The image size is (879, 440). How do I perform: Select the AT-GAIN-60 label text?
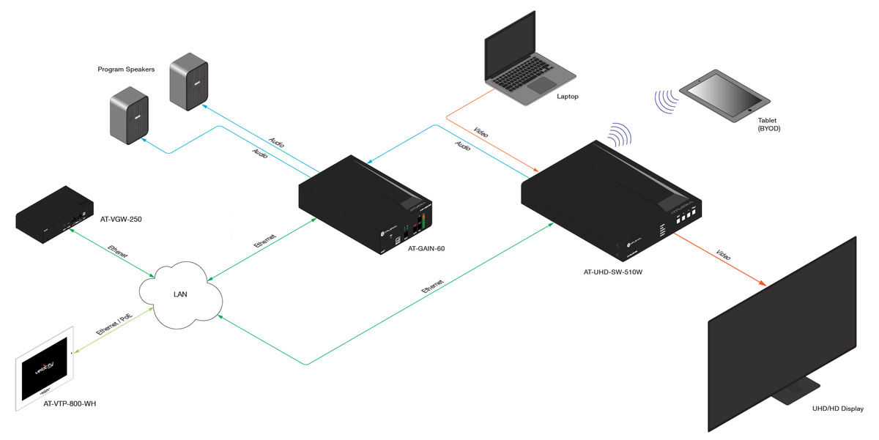pyautogui.click(x=426, y=248)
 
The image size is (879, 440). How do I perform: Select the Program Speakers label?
pyautogui.click(x=125, y=70)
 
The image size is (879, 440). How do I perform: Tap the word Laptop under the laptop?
pyautogui.click(x=568, y=96)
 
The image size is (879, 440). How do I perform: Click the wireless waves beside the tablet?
pyautogui.click(x=666, y=102)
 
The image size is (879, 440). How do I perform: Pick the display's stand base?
pyautogui.click(x=798, y=395)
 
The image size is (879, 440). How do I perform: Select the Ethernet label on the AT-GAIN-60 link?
pyautogui.click(x=265, y=244)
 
